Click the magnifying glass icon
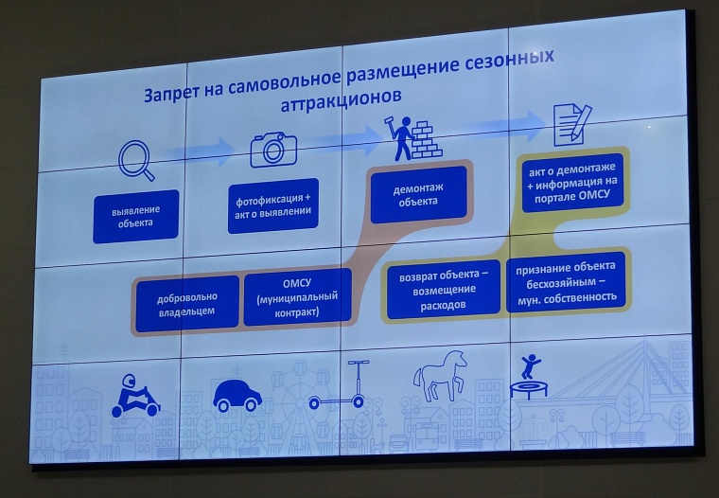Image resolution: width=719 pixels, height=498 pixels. [135, 158]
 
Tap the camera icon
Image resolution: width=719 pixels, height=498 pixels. [273, 148]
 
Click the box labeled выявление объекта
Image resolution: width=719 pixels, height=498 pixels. [134, 217]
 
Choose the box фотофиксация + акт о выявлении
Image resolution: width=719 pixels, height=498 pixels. [272, 205]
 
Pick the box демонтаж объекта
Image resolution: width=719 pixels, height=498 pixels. [420, 194]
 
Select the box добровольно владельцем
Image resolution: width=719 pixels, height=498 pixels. [186, 303]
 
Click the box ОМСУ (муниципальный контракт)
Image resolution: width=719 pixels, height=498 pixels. [297, 297]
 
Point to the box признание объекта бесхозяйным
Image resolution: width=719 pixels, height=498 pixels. [566, 281]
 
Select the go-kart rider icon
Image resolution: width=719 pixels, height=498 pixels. [134, 397]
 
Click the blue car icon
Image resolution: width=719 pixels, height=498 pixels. [237, 394]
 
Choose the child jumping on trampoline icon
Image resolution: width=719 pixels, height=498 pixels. [532, 376]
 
